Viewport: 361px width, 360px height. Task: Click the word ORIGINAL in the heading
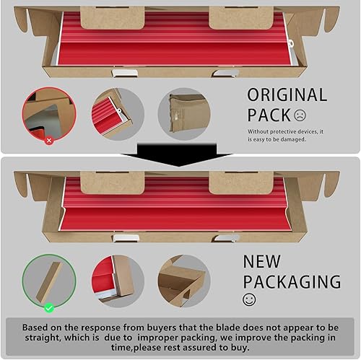click(x=287, y=95)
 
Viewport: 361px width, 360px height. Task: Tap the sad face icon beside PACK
click(x=300, y=115)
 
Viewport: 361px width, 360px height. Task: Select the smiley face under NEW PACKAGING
click(x=249, y=299)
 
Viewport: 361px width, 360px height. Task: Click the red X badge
click(x=49, y=141)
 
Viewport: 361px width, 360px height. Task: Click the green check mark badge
click(x=49, y=308)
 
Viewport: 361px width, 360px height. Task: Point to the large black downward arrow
click(x=178, y=154)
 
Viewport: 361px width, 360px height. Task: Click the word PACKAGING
click(x=292, y=281)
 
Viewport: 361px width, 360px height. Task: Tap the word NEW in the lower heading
click(x=262, y=261)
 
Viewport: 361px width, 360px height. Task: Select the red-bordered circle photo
click(x=49, y=114)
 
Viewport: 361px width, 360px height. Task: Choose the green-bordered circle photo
click(x=49, y=281)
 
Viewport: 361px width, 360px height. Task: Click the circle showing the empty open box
click(x=184, y=281)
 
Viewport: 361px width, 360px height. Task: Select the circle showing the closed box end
click(x=184, y=114)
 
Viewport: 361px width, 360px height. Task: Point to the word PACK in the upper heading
click(x=269, y=115)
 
